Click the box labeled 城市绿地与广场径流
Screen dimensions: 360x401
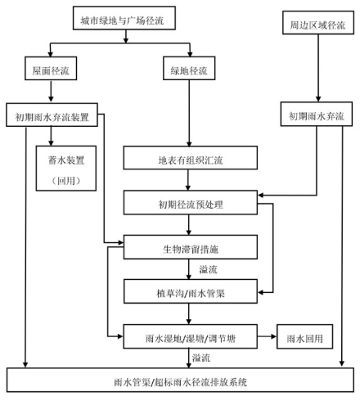[124, 18]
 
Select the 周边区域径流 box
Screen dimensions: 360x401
[318, 23]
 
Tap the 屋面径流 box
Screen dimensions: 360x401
[51, 68]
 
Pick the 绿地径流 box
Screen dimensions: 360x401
[189, 68]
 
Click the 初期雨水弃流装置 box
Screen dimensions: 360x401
[52, 115]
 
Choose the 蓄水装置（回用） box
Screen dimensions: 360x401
[66, 169]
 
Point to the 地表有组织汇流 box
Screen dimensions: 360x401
[191, 158]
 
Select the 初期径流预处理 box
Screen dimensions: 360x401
[191, 202]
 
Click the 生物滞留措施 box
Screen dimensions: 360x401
[191, 247]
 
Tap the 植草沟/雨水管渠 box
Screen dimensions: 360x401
[191, 291]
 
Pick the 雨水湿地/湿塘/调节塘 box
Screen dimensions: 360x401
[191, 336]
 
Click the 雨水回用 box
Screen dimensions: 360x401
[304, 336]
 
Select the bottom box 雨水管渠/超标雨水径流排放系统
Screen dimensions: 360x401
[180, 380]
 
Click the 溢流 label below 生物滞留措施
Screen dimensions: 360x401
[208, 269]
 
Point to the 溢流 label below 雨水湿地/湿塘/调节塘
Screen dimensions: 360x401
[201, 358]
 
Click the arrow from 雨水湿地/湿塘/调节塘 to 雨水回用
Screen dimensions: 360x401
[267, 336]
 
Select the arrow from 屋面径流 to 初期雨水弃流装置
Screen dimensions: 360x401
[51, 92]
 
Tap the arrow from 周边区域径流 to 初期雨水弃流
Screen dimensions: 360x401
[318, 68]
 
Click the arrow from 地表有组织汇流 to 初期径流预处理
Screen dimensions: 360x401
[188, 180]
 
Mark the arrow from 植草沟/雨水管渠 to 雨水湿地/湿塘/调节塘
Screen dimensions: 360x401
[188, 313]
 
